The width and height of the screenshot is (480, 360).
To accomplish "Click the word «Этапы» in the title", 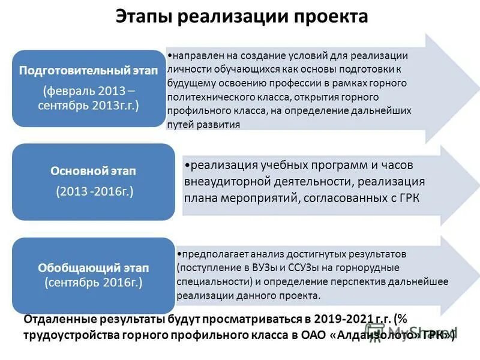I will point(144,16).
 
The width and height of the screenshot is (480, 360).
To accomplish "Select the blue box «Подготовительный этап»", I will point(88,88).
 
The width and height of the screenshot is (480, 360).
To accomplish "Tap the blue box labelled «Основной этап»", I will point(88,181).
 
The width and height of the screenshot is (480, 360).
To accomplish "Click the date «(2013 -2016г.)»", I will point(94,192).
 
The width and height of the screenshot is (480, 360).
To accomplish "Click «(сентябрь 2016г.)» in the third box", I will point(94,283).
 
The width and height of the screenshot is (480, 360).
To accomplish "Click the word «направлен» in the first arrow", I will point(193,55).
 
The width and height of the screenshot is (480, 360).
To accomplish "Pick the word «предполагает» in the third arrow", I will point(211,254).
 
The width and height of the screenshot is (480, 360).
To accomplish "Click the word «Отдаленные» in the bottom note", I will point(60,320).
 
